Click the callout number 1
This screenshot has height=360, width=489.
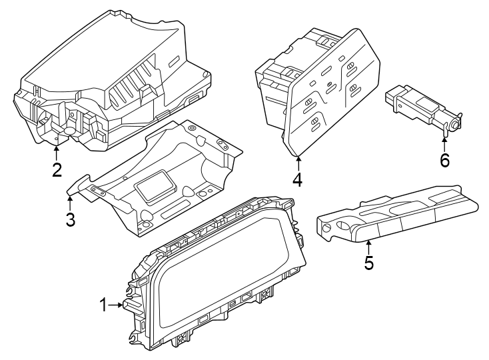tap(103, 305)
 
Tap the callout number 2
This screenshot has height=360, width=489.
tap(57, 170)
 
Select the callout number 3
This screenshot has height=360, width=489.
tap(71, 219)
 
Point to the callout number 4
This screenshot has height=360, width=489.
tap(297, 179)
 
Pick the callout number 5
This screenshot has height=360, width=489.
tap(368, 263)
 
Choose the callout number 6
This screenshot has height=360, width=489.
tap(444, 160)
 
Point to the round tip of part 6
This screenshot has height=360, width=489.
tap(456, 123)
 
